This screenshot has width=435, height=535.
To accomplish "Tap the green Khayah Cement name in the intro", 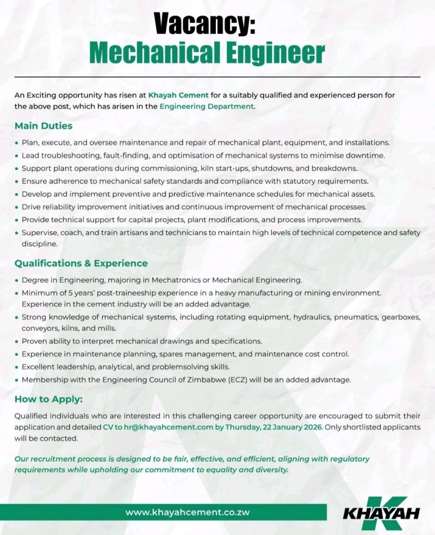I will click(178, 95).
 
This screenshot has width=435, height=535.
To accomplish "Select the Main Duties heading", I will click(43, 126).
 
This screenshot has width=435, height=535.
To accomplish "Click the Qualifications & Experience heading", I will click(81, 263).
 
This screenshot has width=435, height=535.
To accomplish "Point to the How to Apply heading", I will click(48, 400).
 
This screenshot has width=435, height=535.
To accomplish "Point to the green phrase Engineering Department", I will click(207, 106).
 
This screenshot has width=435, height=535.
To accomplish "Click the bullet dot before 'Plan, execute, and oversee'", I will click(16, 143).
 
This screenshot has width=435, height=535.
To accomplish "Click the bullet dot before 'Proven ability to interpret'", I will click(16, 342).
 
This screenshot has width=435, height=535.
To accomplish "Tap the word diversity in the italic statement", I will click(270, 469).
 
